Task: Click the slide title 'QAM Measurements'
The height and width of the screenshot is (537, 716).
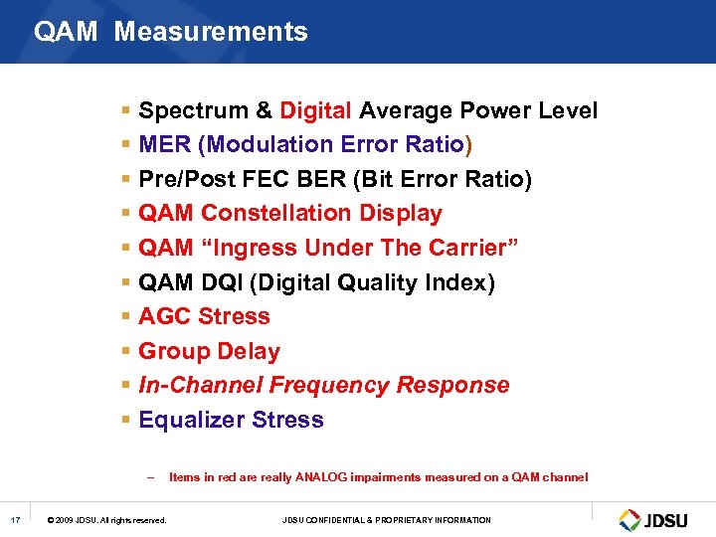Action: (x=170, y=32)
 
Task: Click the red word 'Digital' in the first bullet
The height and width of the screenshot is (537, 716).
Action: (x=315, y=110)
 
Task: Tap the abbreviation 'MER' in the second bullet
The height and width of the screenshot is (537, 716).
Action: (x=164, y=144)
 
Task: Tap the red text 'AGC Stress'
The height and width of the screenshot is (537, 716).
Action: (x=204, y=316)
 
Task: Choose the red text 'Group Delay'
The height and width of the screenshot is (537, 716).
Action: (x=209, y=351)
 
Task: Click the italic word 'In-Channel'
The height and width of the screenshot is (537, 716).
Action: (x=201, y=385)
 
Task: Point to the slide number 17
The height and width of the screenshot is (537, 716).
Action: (x=15, y=520)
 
